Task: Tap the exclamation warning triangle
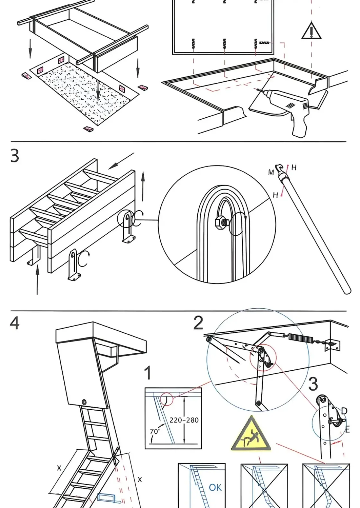point(311,32)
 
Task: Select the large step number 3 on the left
point(15,156)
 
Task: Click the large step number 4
point(15,323)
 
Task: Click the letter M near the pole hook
point(271,173)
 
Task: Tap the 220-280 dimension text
point(184,420)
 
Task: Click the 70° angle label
point(155,431)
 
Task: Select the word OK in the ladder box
point(215,487)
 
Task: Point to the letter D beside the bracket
point(344,411)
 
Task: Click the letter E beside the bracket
point(347,429)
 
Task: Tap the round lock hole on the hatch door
point(84,402)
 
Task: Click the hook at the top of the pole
point(278,168)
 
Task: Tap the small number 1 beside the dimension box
point(148,373)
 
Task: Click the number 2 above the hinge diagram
point(198,323)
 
